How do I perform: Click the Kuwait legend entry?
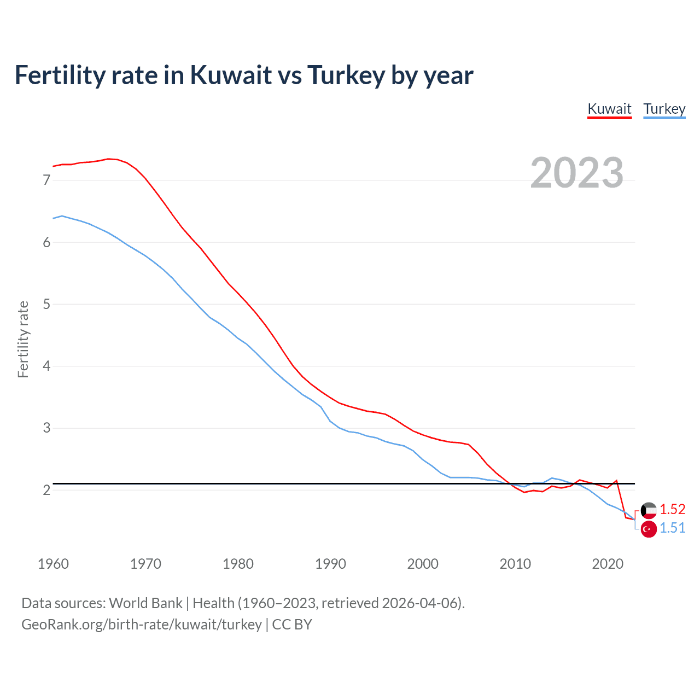click(x=609, y=109)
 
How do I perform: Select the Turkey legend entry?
click(x=664, y=109)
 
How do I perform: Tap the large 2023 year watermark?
click(x=577, y=173)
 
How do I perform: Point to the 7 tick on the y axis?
click(x=46, y=180)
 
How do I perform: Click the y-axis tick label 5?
click(x=46, y=304)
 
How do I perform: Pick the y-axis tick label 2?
click(x=46, y=490)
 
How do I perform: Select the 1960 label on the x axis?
click(x=53, y=564)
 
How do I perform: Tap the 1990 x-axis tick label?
click(x=330, y=564)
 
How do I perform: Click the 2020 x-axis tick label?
click(x=608, y=564)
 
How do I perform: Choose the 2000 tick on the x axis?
click(x=423, y=564)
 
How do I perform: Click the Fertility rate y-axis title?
click(x=23, y=339)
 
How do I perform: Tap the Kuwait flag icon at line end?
click(x=649, y=510)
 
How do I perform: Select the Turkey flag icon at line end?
click(x=649, y=529)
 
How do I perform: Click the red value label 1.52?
click(x=672, y=510)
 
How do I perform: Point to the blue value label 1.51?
click(x=672, y=528)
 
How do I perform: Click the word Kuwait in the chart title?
click(x=231, y=75)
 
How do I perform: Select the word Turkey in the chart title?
click(x=346, y=75)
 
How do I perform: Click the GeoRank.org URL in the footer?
click(x=142, y=625)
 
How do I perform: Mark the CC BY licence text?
click(x=292, y=625)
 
